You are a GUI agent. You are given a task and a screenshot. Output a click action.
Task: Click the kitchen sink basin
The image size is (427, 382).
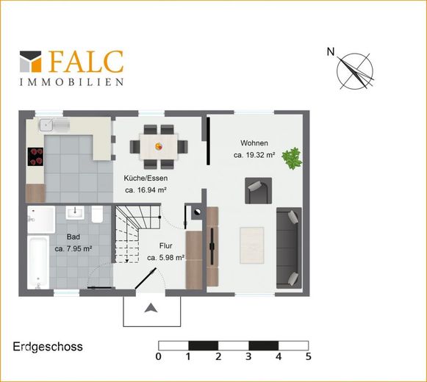tap(47, 125)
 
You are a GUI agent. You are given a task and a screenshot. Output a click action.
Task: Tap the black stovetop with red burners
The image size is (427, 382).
tap(35, 156)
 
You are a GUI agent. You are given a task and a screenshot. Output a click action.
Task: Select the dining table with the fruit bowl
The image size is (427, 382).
tap(159, 146)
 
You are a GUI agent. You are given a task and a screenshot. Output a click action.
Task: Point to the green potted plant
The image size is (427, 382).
tap(292, 158)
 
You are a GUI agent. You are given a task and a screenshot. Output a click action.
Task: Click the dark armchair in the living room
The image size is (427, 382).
tap(258, 190)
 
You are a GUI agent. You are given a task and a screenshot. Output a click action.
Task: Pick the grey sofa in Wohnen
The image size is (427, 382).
tap(289, 248)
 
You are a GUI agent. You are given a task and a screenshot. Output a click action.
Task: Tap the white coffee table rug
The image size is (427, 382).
tap(252, 245)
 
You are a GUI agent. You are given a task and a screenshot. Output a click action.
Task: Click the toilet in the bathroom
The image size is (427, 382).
tap(97, 214)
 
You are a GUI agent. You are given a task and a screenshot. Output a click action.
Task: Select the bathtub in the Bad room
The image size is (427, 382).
tap(38, 262)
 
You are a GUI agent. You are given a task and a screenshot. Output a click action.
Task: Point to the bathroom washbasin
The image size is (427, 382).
tap(75, 212)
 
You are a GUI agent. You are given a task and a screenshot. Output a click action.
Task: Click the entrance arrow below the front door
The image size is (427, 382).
tap(151, 308)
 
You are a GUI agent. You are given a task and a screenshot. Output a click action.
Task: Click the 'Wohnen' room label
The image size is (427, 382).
tap(254, 143)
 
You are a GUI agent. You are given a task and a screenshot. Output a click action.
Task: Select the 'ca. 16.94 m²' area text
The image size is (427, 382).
tap(146, 190)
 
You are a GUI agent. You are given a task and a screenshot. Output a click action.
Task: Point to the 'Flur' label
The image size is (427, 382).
tap(166, 246)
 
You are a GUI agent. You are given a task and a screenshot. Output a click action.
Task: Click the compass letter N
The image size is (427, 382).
tap(331, 51)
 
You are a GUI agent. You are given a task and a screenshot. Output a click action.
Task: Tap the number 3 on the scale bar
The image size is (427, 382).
tap(248, 356)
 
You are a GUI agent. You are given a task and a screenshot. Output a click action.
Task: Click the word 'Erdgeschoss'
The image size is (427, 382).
tap(48, 347)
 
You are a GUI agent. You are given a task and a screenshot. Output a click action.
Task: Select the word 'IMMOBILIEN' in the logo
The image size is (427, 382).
tap(71, 82)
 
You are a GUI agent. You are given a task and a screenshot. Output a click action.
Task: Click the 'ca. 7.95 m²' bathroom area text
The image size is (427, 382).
tap(73, 248)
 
